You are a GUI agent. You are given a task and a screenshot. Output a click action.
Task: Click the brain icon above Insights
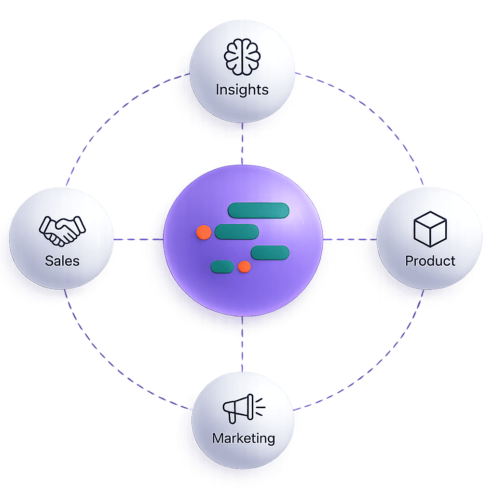(242, 57)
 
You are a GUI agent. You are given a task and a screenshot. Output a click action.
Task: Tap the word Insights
(242, 90)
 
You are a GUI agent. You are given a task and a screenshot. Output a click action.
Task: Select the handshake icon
(62, 230)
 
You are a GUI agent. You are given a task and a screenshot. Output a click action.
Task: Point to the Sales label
(62, 261)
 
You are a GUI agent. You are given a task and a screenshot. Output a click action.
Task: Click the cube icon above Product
(430, 228)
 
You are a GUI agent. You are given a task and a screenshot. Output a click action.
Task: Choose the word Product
(430, 261)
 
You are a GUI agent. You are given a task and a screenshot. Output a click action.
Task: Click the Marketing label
(243, 439)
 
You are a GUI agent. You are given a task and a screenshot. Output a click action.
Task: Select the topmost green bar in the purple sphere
(258, 210)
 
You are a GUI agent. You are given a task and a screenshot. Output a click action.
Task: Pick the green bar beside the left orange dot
(233, 232)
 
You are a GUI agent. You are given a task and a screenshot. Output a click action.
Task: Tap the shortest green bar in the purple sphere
(222, 266)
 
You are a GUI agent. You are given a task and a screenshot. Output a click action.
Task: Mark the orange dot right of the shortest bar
(245, 266)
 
